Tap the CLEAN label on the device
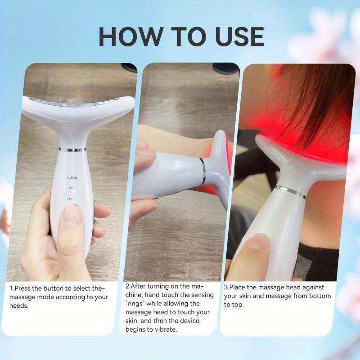[x=72, y=178]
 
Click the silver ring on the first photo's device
[x=72, y=149]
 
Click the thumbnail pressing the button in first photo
[x=72, y=216]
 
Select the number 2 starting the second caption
[x=127, y=287]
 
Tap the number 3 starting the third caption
[x=225, y=287]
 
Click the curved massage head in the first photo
[x=72, y=108]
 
